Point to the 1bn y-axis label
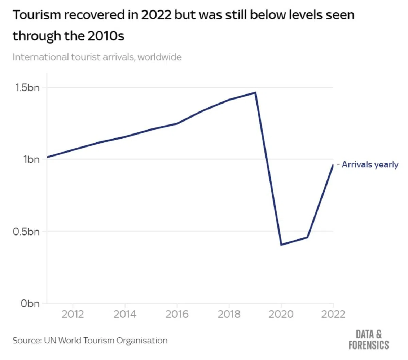(x=31, y=159)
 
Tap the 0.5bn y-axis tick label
(x=26, y=232)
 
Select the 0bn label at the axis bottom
(x=30, y=303)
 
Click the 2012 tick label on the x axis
(x=73, y=314)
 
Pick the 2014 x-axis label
(x=125, y=314)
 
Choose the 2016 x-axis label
(x=177, y=314)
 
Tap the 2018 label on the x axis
(x=229, y=314)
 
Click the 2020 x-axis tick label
(x=281, y=314)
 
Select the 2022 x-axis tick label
(x=333, y=314)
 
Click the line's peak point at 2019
(x=255, y=92)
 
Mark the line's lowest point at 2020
(x=281, y=245)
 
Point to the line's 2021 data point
(x=307, y=237)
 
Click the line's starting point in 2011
(x=47, y=157)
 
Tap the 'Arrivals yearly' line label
(x=370, y=165)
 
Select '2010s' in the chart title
(x=106, y=36)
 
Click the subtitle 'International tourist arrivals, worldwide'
(x=97, y=57)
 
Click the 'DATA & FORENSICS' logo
(x=369, y=340)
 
